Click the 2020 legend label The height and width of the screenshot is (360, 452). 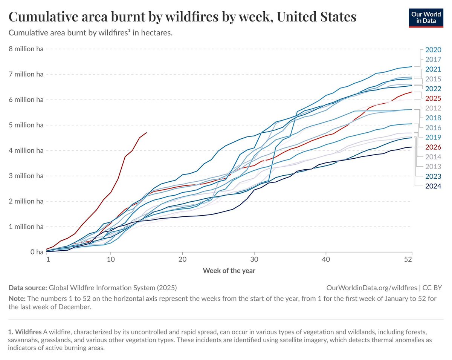tap(433, 50)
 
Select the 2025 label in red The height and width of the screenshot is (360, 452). tap(433, 98)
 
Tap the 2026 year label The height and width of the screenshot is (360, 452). tap(433, 147)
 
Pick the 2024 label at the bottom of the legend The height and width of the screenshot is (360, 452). tap(433, 186)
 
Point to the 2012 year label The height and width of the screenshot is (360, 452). tap(433, 108)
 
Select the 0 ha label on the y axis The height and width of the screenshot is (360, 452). tap(37, 252)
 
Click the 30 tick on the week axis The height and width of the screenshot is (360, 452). tap(254, 260)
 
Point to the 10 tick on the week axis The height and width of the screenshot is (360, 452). tap(111, 260)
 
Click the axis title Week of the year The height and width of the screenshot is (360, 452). tap(229, 270)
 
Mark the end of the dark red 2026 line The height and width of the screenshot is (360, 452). tap(146, 133)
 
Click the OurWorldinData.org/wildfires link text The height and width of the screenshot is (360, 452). tap(371, 288)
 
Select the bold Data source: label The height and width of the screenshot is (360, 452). tap(27, 288)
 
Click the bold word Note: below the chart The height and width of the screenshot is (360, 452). tap(17, 299)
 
